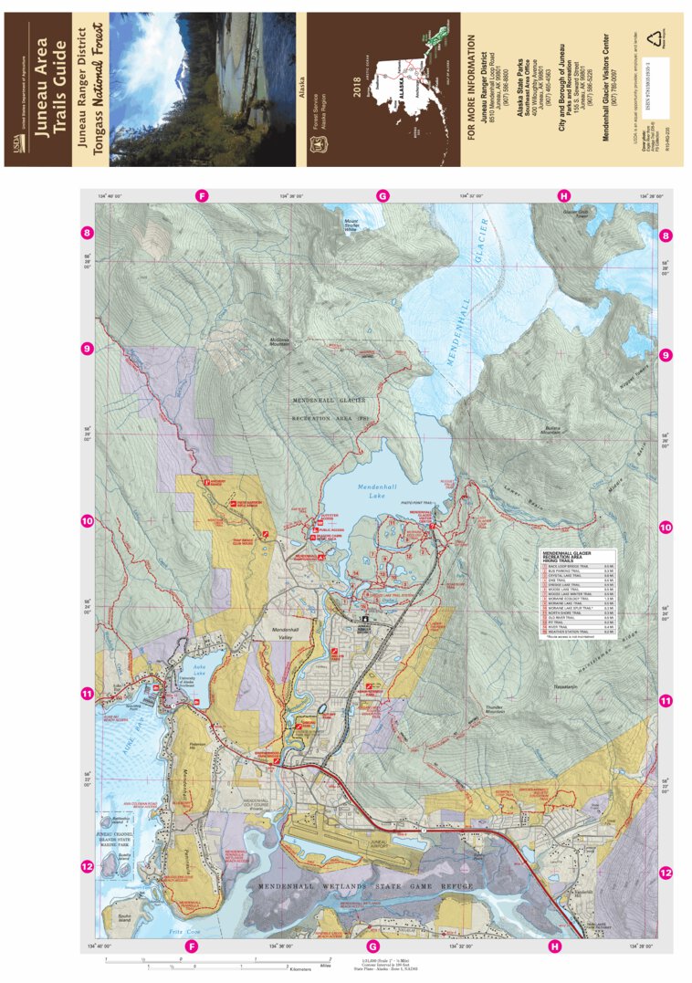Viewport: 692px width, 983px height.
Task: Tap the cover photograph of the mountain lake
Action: tap(203, 89)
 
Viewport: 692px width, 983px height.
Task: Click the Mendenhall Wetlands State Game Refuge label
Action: tap(365, 885)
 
